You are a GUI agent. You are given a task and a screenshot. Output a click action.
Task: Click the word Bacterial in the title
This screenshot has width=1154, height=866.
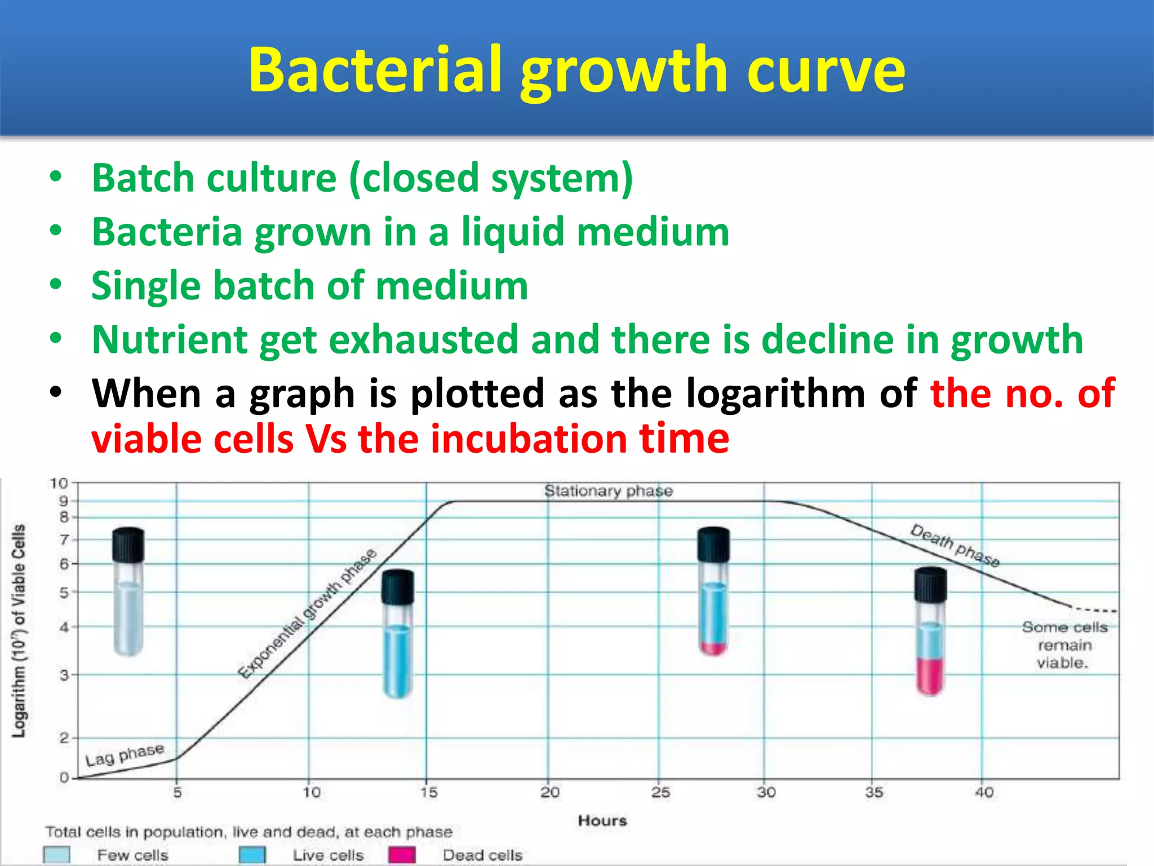[375, 70]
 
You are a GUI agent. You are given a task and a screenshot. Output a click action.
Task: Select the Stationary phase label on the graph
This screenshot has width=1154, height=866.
[609, 491]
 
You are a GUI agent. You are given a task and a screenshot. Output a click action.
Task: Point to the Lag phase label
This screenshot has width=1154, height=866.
[125, 755]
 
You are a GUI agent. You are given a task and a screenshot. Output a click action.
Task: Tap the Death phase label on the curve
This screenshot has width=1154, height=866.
[955, 545]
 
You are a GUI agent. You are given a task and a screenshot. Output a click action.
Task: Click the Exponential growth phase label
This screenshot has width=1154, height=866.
[307, 613]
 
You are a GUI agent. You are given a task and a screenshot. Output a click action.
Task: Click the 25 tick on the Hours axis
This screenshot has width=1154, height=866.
[660, 793]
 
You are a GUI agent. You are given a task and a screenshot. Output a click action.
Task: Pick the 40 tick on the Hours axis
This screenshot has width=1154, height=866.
[984, 793]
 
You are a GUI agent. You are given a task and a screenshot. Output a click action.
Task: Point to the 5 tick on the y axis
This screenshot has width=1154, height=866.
[64, 593]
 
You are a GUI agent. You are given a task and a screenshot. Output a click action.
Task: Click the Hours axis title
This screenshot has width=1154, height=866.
[602, 821]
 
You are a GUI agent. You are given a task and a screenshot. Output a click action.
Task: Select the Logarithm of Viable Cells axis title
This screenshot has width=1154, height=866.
[19, 630]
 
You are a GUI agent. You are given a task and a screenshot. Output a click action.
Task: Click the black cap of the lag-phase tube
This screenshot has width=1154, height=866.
[128, 545]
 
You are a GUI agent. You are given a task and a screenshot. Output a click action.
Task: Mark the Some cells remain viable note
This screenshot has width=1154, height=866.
[1064, 645]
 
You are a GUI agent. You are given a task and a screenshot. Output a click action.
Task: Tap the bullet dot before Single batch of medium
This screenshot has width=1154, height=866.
[55, 284]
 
